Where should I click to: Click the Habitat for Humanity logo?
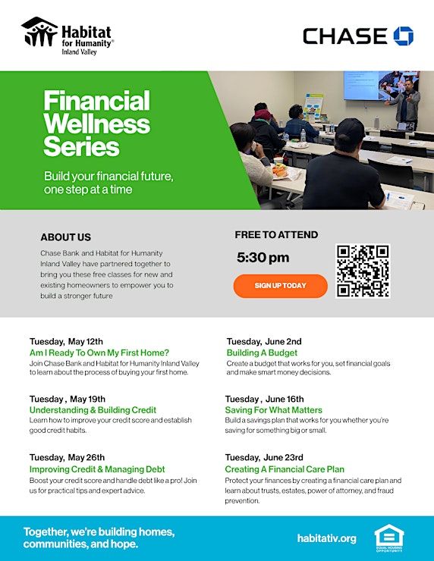tap(68, 36)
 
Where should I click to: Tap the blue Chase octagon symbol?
tap(404, 36)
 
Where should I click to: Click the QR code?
tap(363, 271)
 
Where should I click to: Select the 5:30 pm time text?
tap(263, 258)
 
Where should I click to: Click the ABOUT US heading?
tap(65, 237)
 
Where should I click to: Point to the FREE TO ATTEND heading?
tap(276, 235)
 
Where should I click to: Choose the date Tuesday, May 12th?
tap(66, 341)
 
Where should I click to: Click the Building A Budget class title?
tap(262, 353)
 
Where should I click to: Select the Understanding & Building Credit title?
tap(93, 410)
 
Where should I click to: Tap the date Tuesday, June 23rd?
tap(264, 458)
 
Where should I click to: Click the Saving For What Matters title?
tap(274, 410)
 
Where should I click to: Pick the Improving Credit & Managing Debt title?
tap(97, 469)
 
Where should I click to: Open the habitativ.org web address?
tap(326, 538)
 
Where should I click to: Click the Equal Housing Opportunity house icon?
tap(389, 537)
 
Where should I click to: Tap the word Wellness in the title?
tap(97, 124)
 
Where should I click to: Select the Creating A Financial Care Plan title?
tap(285, 469)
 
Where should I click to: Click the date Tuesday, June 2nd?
tap(264, 341)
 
